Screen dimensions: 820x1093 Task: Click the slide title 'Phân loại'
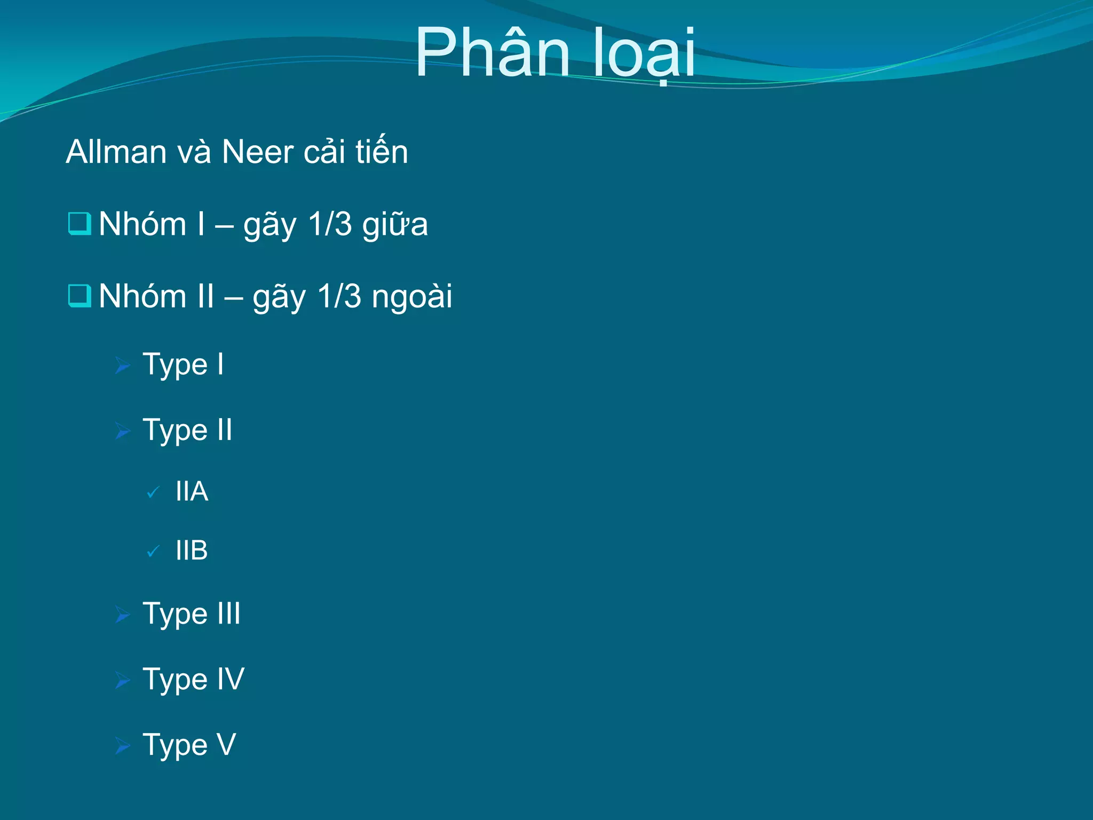(x=555, y=53)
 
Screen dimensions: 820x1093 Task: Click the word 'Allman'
(x=116, y=152)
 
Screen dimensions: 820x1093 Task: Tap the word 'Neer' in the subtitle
(x=257, y=152)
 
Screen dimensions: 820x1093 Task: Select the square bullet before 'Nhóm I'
(x=80, y=223)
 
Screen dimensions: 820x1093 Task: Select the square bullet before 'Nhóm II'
(x=80, y=295)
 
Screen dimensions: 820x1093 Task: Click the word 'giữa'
(x=395, y=224)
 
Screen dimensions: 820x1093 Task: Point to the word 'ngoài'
(x=411, y=296)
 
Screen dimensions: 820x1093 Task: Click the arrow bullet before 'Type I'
(x=123, y=366)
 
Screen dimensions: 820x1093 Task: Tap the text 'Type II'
(x=187, y=430)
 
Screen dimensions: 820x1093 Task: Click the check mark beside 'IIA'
(x=153, y=492)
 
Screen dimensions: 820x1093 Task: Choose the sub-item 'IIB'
(x=192, y=550)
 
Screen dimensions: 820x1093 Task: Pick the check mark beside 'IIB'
(x=153, y=551)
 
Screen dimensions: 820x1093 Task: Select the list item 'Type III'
(x=192, y=614)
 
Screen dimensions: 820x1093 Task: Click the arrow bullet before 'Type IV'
(x=123, y=681)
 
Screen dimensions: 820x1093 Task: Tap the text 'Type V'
(x=189, y=745)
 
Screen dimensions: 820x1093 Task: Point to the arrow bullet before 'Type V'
(x=123, y=746)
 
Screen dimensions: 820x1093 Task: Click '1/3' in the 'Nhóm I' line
(x=330, y=224)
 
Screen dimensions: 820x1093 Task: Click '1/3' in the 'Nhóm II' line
(x=339, y=296)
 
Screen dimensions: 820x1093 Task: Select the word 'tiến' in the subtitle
(x=382, y=152)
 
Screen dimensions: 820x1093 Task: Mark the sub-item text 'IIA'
(x=192, y=491)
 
